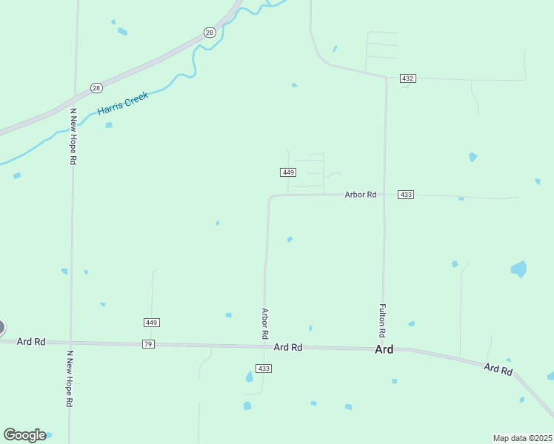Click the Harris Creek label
123,103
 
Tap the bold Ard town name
384,349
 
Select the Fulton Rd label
383,314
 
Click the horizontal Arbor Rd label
361,195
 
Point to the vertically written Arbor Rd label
264,323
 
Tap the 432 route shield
407,78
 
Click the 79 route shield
149,344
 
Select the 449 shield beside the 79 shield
152,323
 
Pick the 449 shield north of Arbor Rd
289,172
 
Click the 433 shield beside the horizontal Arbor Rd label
405,195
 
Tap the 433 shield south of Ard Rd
264,369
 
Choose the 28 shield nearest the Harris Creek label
96,88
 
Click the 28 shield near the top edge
210,33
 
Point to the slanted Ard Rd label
498,369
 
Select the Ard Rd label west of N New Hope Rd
31,342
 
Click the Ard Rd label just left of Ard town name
288,347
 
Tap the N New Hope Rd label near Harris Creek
73,136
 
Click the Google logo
24,434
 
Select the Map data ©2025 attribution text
522,438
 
